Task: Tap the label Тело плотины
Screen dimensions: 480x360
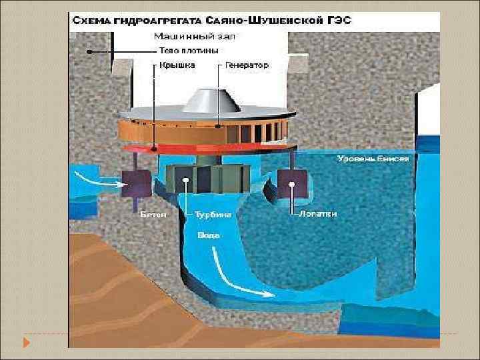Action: [x=189, y=51]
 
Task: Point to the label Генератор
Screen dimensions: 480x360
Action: [x=247, y=65]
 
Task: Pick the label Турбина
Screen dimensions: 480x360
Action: [x=213, y=215]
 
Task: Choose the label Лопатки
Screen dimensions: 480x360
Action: [x=318, y=214]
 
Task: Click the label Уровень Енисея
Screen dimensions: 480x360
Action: [x=373, y=159]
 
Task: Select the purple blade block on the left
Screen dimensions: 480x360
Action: [x=136, y=183]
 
